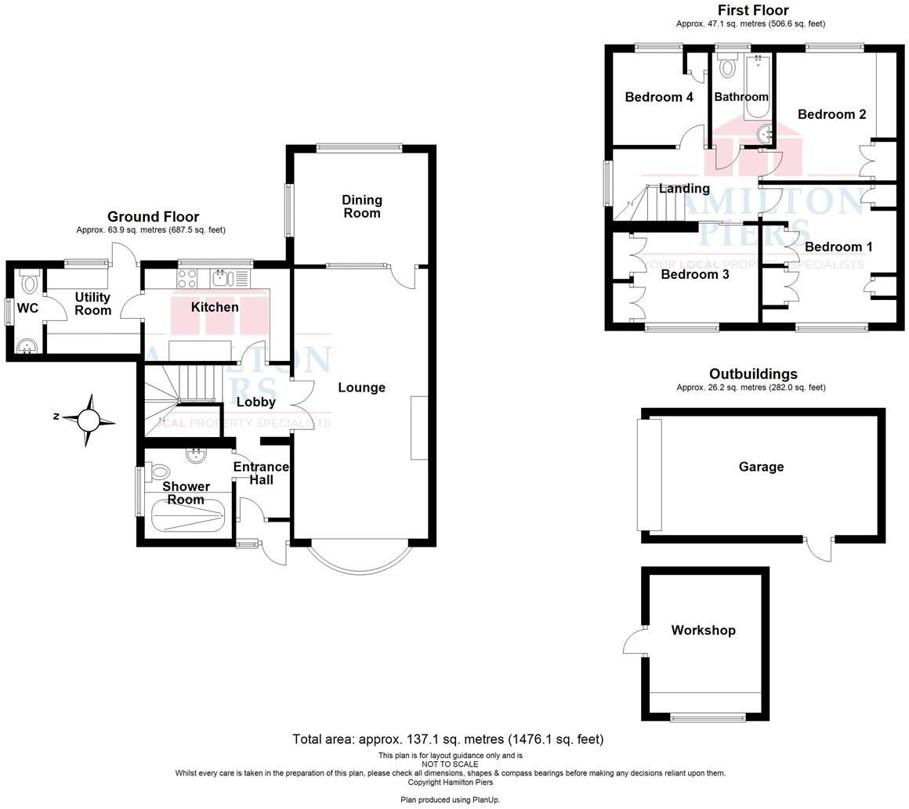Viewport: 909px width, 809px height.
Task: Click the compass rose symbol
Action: [x=89, y=421]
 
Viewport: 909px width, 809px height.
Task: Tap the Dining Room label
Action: [x=361, y=207]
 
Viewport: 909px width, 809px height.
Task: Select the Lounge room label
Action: [x=361, y=388]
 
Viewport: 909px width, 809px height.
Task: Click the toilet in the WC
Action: [x=30, y=281]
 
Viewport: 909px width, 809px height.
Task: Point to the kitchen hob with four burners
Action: [x=188, y=277]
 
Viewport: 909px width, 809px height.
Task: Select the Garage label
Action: [x=761, y=467]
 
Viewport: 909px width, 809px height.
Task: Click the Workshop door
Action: [x=634, y=642]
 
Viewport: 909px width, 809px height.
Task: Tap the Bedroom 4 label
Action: [x=658, y=97]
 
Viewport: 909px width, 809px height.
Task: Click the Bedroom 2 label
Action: [x=831, y=114]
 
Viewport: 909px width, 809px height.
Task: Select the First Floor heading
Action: [x=752, y=10]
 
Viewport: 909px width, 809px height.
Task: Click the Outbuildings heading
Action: [x=752, y=374]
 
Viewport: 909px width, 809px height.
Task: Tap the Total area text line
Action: [x=447, y=739]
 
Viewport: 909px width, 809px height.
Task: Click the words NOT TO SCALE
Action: [x=450, y=764]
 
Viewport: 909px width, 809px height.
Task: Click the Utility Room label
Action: [x=92, y=304]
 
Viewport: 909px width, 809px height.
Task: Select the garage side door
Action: [x=820, y=548]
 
